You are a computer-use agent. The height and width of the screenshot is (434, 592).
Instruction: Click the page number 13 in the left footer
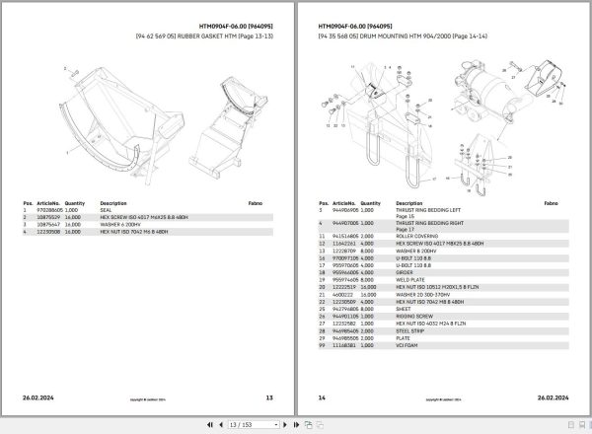[x=269, y=397]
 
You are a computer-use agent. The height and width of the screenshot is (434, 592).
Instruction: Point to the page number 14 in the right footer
[x=321, y=397]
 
